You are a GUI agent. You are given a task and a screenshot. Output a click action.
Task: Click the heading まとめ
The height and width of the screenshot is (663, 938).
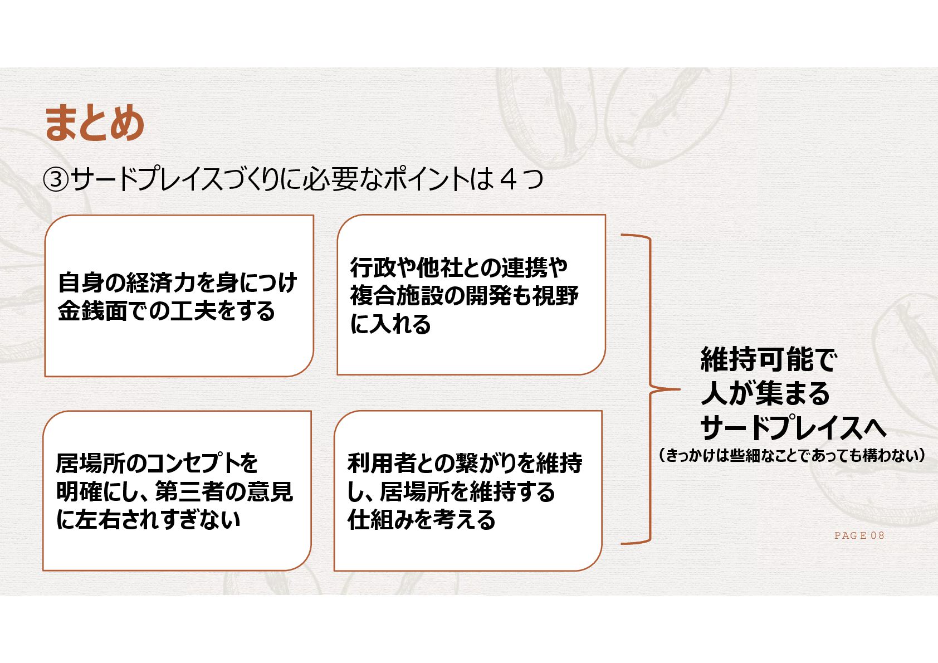94,123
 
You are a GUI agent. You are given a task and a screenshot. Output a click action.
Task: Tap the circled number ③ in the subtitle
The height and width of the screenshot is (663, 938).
56,180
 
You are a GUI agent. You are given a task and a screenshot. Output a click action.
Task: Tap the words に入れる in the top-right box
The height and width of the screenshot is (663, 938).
390,324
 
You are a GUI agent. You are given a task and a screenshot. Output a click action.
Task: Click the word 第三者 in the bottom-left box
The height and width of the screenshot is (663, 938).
188,491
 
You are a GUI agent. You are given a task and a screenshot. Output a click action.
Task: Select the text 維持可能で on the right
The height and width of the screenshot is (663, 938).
768,359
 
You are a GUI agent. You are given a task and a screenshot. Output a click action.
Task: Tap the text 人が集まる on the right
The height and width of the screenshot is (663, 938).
765,393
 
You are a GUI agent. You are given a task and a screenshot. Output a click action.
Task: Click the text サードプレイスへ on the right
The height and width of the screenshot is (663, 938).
793,428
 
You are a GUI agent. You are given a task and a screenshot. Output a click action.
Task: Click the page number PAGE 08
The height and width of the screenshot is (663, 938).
859,535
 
